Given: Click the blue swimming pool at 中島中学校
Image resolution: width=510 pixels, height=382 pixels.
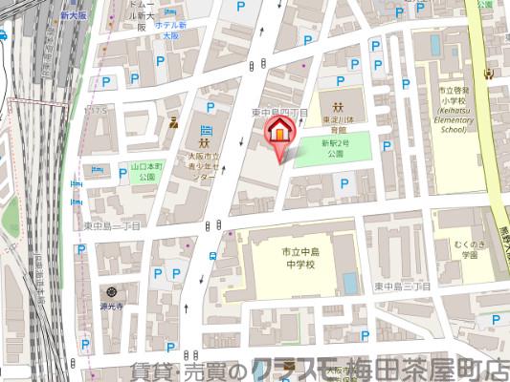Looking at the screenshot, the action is (349, 283).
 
